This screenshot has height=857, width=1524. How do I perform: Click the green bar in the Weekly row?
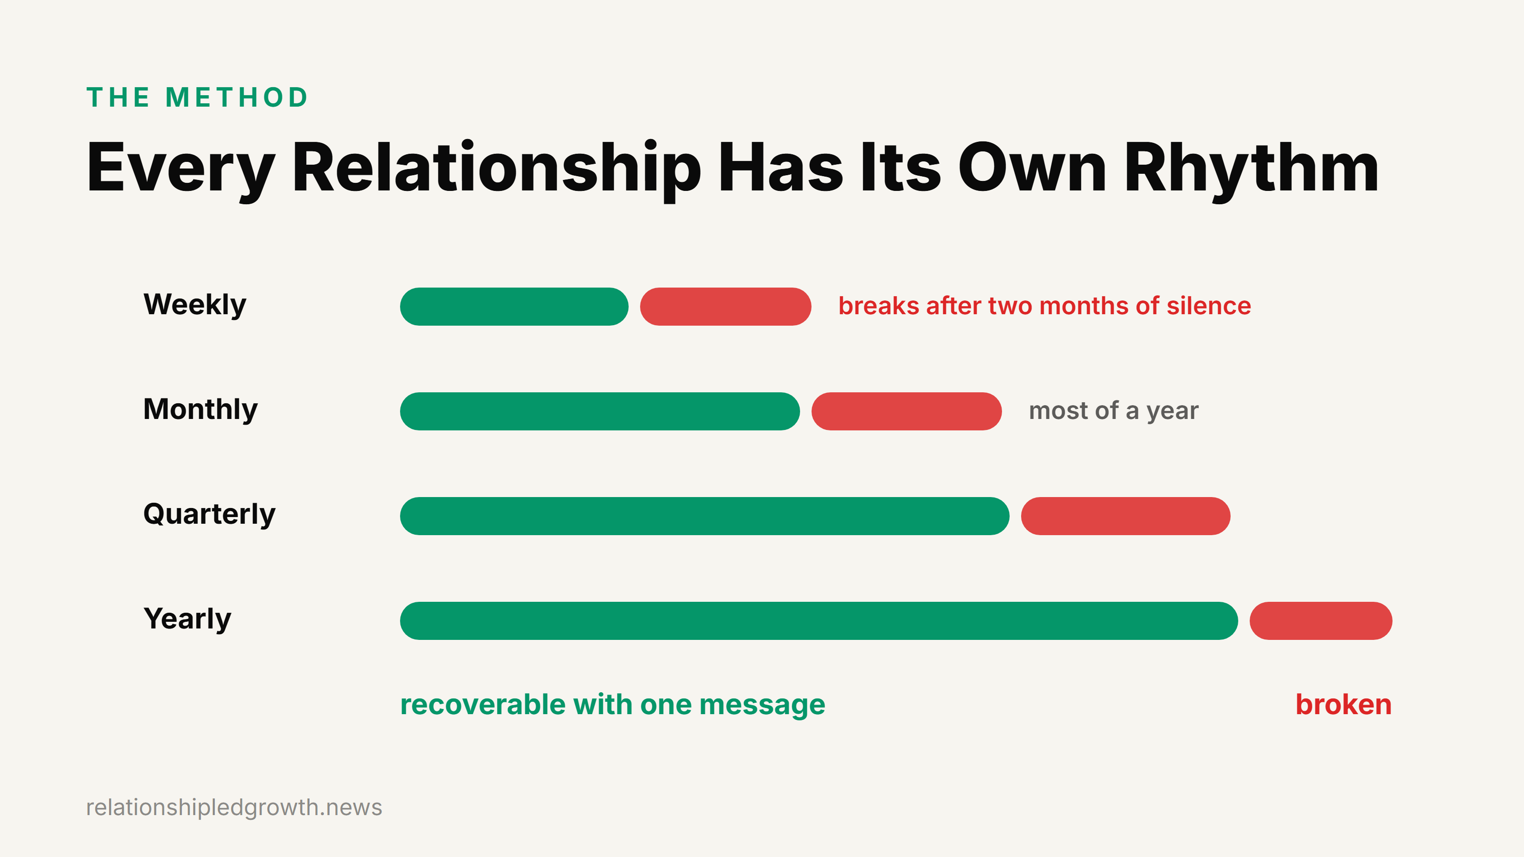[514, 306]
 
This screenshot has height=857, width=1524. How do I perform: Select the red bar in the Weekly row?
[725, 306]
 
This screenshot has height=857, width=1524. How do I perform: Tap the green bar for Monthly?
[600, 411]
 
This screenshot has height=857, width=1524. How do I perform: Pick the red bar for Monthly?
[906, 411]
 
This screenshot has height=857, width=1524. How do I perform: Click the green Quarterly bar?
[705, 516]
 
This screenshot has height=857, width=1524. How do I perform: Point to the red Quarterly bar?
[1125, 516]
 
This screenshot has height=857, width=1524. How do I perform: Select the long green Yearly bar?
[819, 620]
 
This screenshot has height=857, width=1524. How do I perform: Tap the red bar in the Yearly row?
[1321, 620]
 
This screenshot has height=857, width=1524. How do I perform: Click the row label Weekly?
[195, 305]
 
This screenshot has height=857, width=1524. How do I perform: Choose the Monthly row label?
[201, 410]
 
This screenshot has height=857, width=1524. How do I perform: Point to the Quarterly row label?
[210, 515]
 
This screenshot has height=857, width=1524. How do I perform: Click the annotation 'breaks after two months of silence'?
[1045, 306]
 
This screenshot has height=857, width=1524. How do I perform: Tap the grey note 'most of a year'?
[1113, 411]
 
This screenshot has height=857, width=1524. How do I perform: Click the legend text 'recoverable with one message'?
[612, 705]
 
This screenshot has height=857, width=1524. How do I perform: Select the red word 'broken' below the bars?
[1344, 705]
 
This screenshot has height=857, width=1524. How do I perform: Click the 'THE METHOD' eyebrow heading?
[197, 98]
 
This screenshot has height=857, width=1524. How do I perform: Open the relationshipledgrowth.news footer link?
[234, 807]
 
